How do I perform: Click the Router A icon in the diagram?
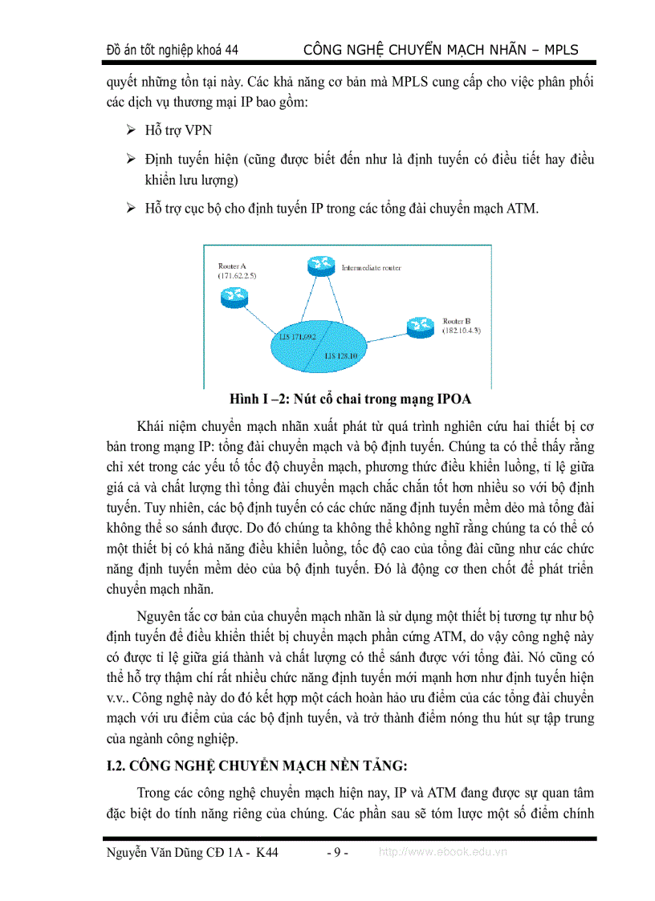click(x=232, y=297)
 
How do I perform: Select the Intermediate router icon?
click(x=320, y=267)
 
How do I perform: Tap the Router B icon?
click(x=418, y=325)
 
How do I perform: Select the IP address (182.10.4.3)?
click(x=462, y=331)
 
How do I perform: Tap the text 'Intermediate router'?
click(x=371, y=267)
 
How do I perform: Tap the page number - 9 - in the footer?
click(x=337, y=853)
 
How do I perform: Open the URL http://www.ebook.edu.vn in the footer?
click(x=442, y=853)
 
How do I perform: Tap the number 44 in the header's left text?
click(x=231, y=51)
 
